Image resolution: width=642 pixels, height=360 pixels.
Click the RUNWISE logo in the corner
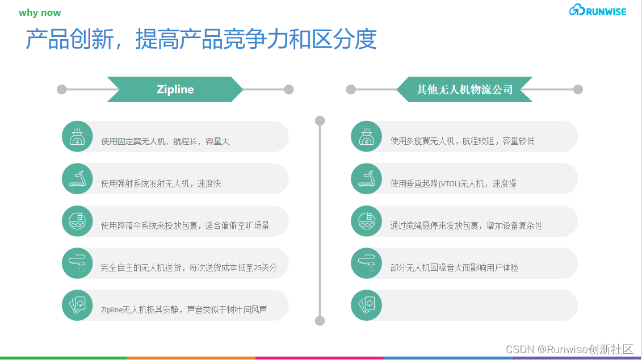[598, 10]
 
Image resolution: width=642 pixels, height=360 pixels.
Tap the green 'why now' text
[40, 12]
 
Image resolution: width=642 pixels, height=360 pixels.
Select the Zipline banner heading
[175, 89]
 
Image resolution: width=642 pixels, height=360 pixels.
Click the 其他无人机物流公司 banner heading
[464, 89]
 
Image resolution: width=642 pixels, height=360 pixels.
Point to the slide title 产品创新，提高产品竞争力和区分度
[202, 40]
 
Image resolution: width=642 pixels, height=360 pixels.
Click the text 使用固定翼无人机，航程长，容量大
[165, 141]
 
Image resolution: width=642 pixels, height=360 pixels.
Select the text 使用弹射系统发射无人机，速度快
[161, 183]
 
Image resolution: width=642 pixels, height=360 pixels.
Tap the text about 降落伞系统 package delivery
[185, 225]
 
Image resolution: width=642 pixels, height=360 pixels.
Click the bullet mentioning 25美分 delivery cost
[188, 267]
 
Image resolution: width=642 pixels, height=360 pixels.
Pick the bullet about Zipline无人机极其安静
[184, 309]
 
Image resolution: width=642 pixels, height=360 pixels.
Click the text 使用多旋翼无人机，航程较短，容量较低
[462, 141]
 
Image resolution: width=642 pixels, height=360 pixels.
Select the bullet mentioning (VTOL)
[453, 183]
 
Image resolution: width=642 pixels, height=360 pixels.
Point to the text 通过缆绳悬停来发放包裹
[466, 225]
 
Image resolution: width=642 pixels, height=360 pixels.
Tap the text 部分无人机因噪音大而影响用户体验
[454, 267]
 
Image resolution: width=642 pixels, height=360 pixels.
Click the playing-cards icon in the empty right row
[366, 305]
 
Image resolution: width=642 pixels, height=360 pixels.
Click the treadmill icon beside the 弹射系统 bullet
[77, 179]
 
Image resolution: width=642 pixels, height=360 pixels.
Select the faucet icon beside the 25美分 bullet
[77, 263]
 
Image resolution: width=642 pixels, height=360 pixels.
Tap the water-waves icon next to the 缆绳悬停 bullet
[366, 221]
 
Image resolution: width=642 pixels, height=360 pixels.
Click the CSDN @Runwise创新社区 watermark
[569, 349]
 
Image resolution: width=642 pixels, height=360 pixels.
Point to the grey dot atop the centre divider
[320, 120]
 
